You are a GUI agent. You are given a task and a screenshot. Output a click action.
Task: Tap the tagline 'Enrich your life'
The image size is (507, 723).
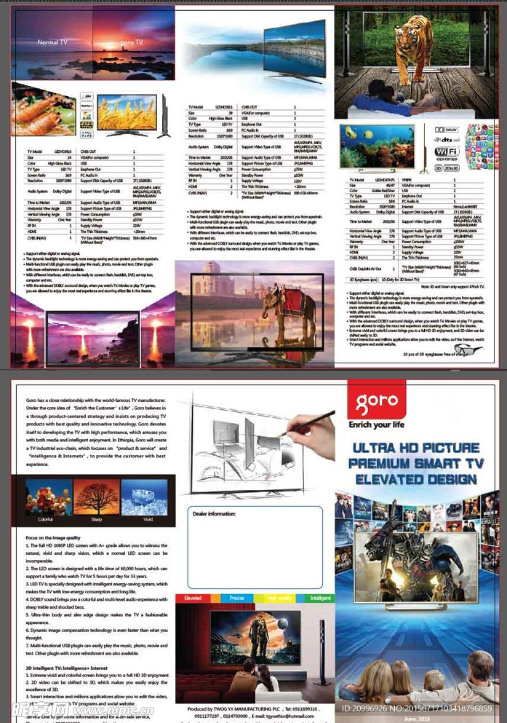[x=377, y=424]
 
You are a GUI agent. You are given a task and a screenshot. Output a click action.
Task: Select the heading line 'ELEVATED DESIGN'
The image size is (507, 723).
[x=415, y=479]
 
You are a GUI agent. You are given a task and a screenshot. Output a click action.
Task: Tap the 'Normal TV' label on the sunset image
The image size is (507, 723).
[x=52, y=43]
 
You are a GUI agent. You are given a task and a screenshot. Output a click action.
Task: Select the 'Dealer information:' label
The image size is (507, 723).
[x=215, y=513]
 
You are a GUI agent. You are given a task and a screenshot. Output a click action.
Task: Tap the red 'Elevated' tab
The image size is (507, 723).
[x=193, y=598]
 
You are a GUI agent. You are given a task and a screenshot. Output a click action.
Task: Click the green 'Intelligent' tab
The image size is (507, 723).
[x=321, y=598]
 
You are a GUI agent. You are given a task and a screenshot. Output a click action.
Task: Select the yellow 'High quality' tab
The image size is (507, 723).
[x=279, y=598]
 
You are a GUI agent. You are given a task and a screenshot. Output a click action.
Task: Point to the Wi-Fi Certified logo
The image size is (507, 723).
[x=445, y=151]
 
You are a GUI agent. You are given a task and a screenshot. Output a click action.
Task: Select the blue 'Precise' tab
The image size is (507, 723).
[x=236, y=598]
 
